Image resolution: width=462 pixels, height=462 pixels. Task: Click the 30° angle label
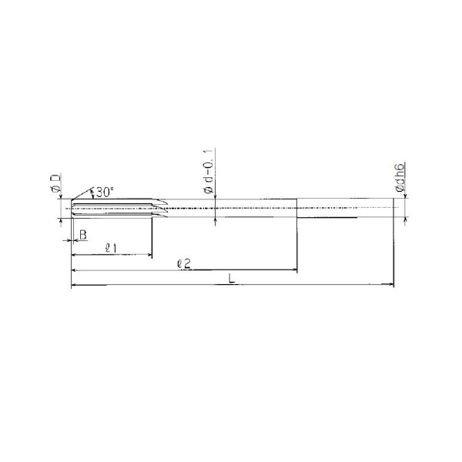click(105, 192)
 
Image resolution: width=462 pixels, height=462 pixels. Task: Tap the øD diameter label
click(55, 183)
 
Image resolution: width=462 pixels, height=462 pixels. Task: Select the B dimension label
click(83, 235)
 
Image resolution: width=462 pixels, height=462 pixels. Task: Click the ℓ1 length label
click(111, 249)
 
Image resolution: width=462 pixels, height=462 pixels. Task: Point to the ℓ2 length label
click(184, 264)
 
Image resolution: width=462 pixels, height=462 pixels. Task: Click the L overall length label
click(232, 279)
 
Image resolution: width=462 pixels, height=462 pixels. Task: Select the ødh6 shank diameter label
click(400, 177)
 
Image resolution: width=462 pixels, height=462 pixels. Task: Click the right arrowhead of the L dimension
click(391, 284)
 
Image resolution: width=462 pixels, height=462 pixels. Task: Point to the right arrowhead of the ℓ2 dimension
click(294, 269)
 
